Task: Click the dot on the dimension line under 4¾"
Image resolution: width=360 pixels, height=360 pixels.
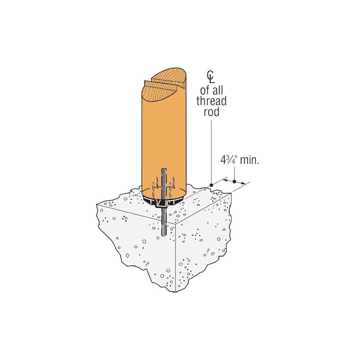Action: click(x=234, y=181)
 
